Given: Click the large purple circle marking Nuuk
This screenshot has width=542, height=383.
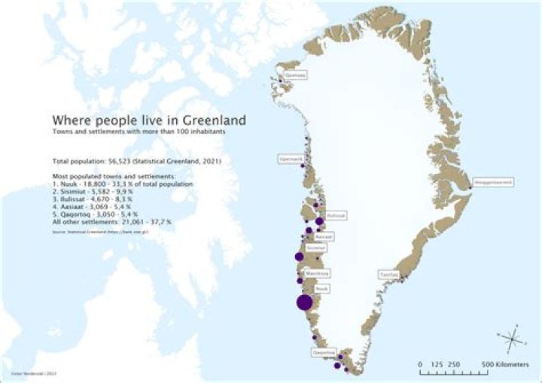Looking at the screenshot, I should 305,302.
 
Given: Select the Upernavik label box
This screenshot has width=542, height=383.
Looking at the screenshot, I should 290,159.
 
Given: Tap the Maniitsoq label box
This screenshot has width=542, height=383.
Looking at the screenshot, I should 318,273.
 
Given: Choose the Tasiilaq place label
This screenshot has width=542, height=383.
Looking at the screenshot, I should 388,275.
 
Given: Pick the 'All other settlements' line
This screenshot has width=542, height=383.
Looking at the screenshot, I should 111,222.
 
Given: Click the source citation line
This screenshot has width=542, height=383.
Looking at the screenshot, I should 94,233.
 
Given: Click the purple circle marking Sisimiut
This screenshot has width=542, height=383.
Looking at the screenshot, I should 299,257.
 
